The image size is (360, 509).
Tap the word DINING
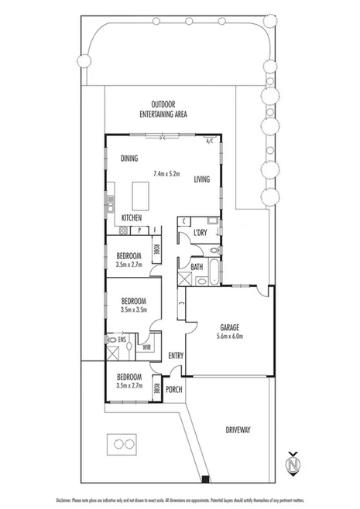(129, 159)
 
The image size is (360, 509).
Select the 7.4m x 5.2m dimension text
(166, 173)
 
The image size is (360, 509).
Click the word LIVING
(201, 179)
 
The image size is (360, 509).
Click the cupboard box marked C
(183, 222)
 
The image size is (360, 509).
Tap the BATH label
(197, 267)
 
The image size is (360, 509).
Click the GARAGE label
(229, 327)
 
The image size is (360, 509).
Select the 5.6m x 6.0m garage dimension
(229, 336)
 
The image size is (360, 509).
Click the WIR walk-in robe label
(146, 347)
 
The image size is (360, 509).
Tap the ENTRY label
(176, 355)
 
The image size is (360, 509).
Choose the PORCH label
(174, 389)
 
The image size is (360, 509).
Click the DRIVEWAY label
(240, 429)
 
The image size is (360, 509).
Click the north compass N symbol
(292, 466)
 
